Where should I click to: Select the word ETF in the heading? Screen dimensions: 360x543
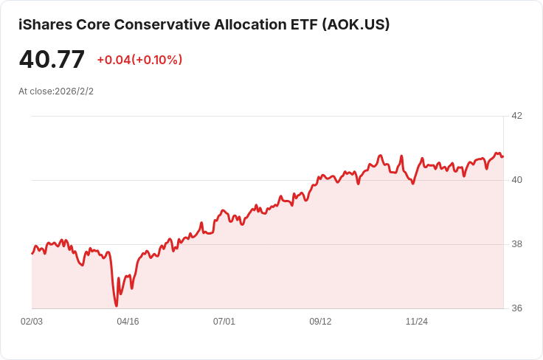[298, 24]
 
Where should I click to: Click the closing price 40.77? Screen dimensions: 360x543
[52, 60]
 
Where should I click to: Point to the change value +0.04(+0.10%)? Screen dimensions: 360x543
[139, 60]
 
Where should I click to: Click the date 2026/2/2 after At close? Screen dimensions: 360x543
[74, 91]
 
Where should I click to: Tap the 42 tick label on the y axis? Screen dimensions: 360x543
[516, 116]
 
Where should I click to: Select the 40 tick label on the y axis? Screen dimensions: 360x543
[516, 180]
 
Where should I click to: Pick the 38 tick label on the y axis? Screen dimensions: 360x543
[516, 244]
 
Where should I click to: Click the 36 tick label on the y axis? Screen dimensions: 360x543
[516, 308]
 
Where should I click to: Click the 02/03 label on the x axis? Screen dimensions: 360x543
[32, 322]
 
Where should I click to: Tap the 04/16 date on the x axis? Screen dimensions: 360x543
[128, 322]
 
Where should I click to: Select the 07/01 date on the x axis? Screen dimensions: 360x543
[224, 322]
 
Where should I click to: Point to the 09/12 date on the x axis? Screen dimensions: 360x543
[320, 322]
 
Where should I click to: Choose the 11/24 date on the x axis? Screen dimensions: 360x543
[417, 322]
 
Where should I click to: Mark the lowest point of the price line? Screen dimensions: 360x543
[117, 305]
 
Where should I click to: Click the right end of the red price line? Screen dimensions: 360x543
[502, 156]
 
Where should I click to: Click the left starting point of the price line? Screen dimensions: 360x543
[32, 253]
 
